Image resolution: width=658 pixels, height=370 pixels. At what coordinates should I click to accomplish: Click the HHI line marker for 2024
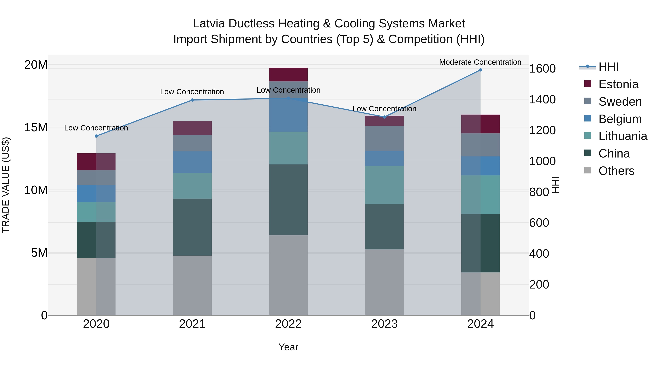point(480,70)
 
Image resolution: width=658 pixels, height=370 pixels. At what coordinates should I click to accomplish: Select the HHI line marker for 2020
point(96,136)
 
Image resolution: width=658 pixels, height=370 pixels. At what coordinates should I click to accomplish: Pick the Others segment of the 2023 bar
point(384,282)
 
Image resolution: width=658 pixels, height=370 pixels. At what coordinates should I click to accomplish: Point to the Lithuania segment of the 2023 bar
point(384,185)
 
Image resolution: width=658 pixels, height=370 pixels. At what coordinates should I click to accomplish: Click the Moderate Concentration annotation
point(480,62)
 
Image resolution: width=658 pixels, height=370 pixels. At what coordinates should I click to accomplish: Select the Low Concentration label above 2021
point(192,92)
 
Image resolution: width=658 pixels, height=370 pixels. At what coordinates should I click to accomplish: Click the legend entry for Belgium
point(620,119)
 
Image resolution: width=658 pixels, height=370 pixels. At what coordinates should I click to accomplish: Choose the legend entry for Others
point(616,171)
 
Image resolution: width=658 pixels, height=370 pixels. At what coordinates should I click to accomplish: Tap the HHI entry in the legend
point(608,67)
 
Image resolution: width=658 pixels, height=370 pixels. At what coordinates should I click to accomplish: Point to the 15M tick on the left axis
point(36,127)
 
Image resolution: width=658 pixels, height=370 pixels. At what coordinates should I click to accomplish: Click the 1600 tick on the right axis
point(542,69)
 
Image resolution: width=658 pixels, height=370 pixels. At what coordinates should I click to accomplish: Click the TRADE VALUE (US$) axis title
point(6,185)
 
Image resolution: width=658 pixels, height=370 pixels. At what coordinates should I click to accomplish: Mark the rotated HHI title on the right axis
point(556,185)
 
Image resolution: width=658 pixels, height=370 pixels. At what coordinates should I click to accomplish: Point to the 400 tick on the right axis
point(539,254)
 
